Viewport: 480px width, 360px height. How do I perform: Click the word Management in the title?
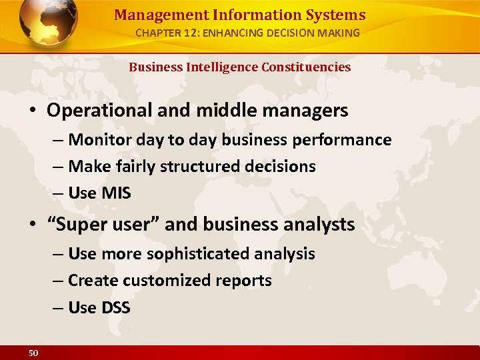[x=149, y=15]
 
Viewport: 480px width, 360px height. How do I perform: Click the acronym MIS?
[x=117, y=193]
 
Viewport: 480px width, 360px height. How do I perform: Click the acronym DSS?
[x=116, y=308]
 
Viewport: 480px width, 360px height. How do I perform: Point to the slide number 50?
[x=33, y=353]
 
